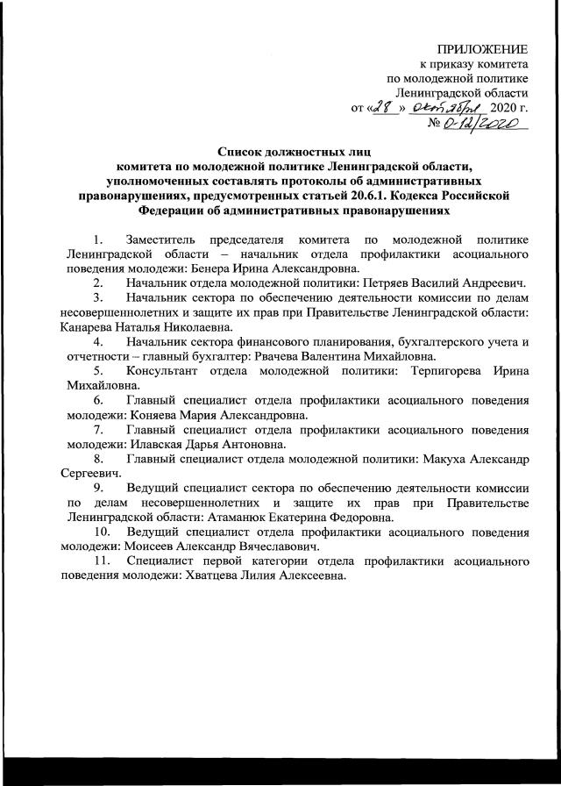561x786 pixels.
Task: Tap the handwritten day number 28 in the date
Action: (384, 107)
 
